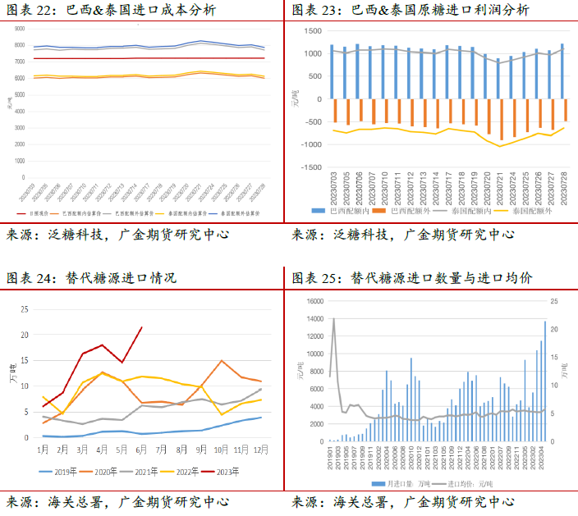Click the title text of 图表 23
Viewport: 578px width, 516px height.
click(x=411, y=11)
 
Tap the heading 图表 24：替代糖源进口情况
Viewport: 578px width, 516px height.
click(x=91, y=278)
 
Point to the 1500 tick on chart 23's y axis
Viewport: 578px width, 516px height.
click(x=312, y=30)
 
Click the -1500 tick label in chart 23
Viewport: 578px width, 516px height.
click(x=310, y=167)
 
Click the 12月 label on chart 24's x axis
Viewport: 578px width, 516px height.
click(x=261, y=450)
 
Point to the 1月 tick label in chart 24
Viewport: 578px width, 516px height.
click(x=42, y=450)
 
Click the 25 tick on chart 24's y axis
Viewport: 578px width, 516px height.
click(x=24, y=309)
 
